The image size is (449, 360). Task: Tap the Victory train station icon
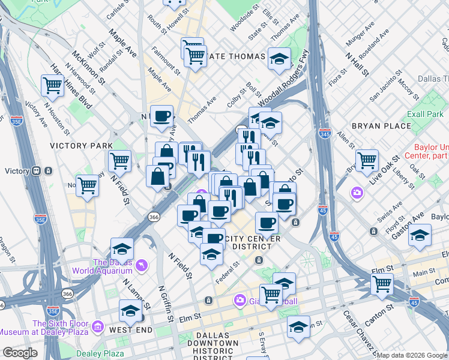click(x=37, y=171)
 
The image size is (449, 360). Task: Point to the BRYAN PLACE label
click(x=382, y=126)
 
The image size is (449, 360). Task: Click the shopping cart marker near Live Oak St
click(x=366, y=160)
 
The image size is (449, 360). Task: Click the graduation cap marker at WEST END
click(x=130, y=310)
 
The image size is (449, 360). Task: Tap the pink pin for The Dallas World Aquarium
click(x=141, y=264)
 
